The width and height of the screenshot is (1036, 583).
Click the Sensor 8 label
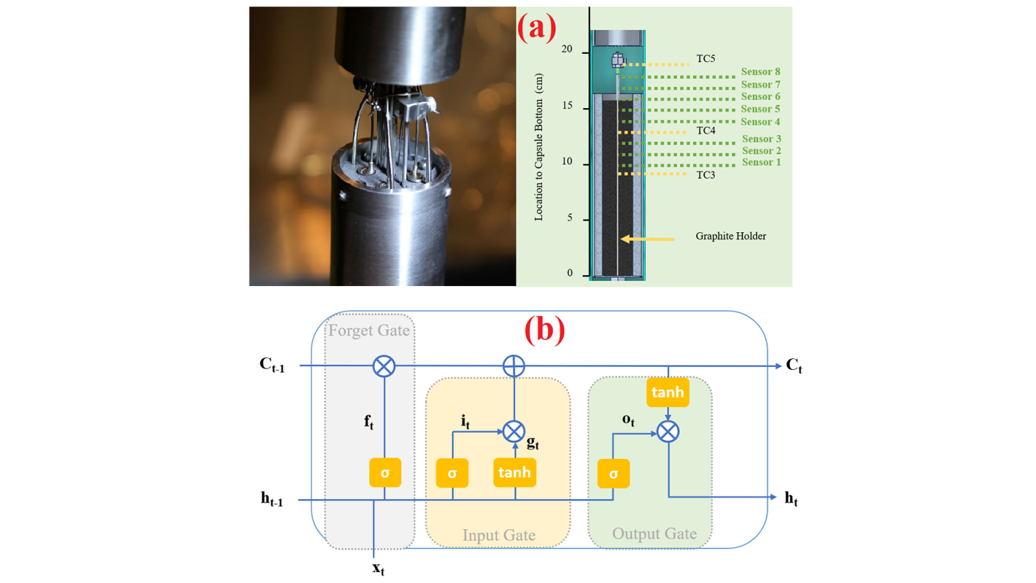[760, 72]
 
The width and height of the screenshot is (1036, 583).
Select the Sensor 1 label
[761, 162]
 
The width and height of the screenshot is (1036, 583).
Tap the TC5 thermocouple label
[706, 59]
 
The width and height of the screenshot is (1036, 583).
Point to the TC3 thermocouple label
[706, 175]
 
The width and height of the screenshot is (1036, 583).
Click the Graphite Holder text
[730, 236]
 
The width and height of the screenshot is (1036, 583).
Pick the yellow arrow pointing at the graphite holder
[647, 239]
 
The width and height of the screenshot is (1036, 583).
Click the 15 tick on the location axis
[567, 106]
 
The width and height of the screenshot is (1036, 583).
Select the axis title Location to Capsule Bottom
[538, 147]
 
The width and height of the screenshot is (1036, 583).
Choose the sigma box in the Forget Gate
[385, 473]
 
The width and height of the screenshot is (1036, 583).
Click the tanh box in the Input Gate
[515, 472]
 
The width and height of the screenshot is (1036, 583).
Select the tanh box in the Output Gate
[667, 392]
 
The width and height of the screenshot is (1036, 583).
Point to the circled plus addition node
[514, 366]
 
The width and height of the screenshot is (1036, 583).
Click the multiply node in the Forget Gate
[384, 366]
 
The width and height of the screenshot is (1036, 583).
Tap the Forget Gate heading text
[369, 330]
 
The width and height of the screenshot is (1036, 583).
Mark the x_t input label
[378, 567]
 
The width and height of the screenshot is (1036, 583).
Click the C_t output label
[794, 366]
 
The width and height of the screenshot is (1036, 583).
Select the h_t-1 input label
[272, 499]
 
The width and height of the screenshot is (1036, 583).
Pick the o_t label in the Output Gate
[628, 420]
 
